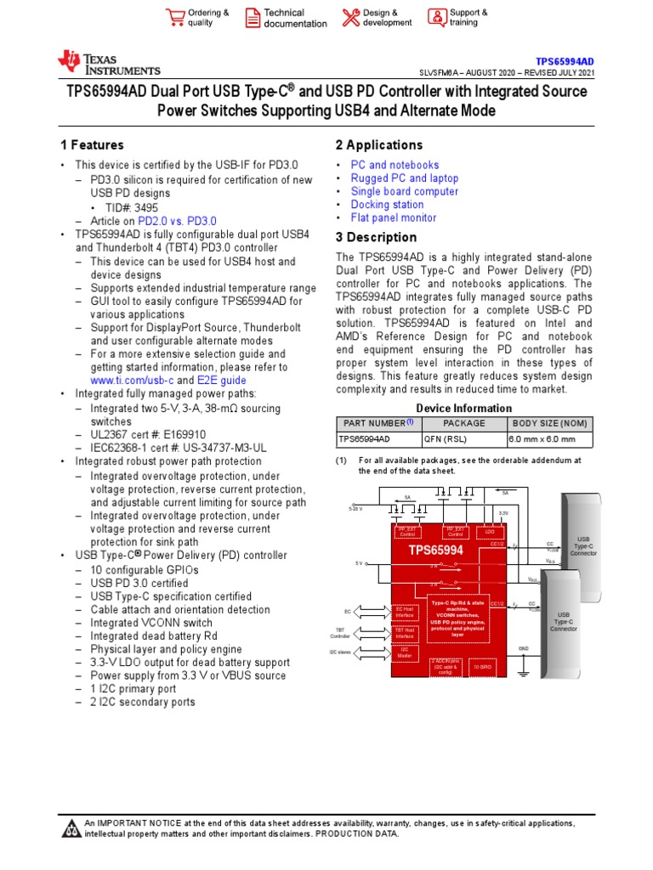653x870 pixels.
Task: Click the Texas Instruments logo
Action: pyautogui.click(x=108, y=62)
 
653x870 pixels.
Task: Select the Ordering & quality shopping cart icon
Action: pyautogui.click(x=175, y=18)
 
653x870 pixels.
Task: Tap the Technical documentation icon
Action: pyautogui.click(x=253, y=18)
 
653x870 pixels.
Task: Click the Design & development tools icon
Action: pyautogui.click(x=350, y=18)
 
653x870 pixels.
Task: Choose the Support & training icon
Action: pyautogui.click(x=436, y=18)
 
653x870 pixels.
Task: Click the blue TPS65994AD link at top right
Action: pyautogui.click(x=565, y=62)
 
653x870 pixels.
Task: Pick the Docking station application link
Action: pyautogui.click(x=387, y=205)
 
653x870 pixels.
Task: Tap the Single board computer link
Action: pyautogui.click(x=405, y=191)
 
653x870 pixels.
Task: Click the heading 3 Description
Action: pyautogui.click(x=376, y=237)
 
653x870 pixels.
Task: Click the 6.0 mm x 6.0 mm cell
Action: pyautogui.click(x=542, y=439)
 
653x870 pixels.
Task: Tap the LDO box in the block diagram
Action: pyautogui.click(x=490, y=533)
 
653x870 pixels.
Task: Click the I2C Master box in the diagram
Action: pyautogui.click(x=405, y=653)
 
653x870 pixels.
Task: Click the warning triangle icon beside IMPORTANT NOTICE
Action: pyautogui.click(x=71, y=828)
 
